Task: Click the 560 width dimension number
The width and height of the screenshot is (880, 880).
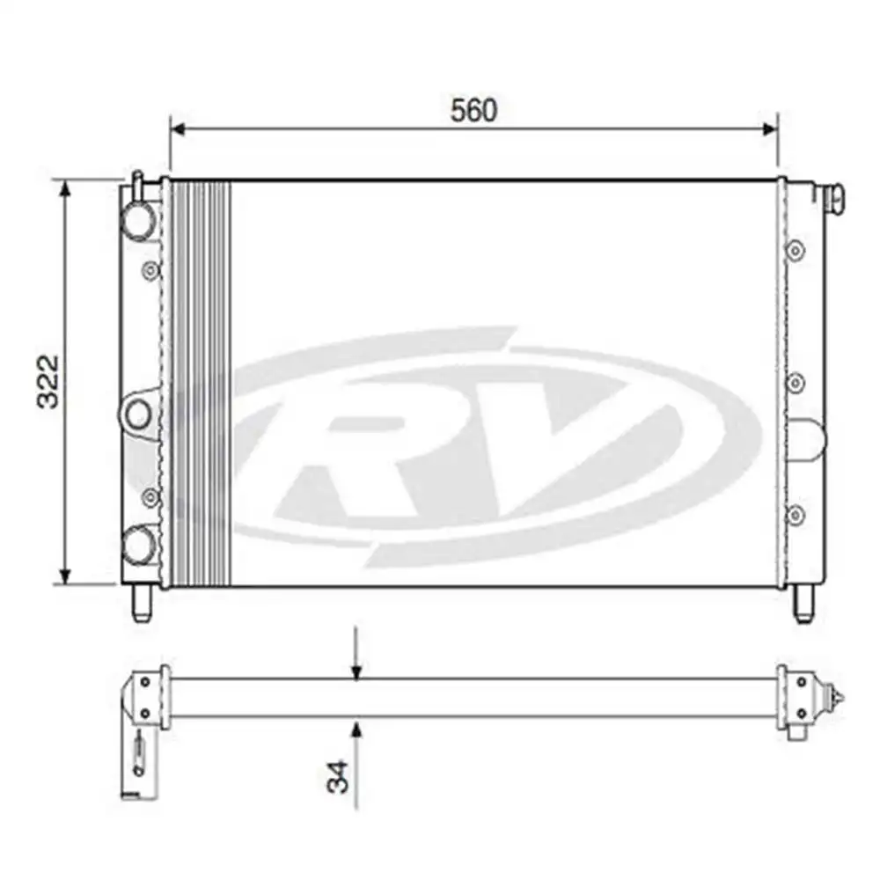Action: coord(474,110)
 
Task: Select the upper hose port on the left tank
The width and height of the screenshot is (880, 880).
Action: coord(137,220)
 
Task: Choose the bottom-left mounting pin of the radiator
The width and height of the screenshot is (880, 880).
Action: coord(141,605)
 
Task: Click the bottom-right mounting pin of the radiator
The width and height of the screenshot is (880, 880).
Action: coord(802,605)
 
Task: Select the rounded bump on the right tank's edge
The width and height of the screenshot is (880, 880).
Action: coord(810,437)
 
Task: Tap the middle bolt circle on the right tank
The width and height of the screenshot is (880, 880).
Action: coord(796,383)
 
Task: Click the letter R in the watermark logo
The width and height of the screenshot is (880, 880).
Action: coord(370,449)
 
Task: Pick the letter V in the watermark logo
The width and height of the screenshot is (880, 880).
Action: coord(572,440)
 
